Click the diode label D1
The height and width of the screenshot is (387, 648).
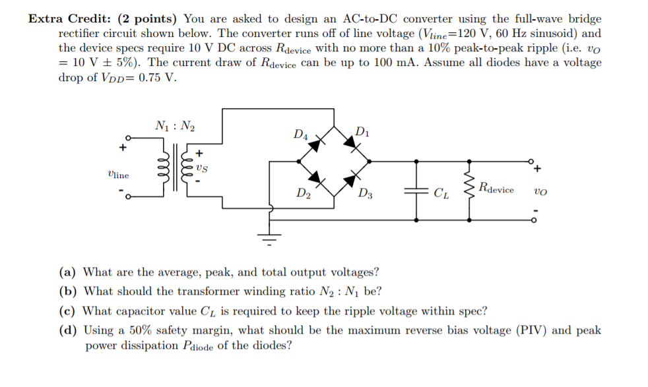tap(362, 131)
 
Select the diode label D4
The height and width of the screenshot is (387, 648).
tap(300, 135)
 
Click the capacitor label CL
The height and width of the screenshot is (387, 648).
tap(441, 193)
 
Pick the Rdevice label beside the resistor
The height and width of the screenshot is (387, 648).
tap(496, 189)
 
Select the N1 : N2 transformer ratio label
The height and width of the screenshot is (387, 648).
tap(175, 126)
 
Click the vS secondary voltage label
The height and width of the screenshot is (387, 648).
tap(202, 168)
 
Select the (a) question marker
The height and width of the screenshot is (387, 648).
tap(68, 272)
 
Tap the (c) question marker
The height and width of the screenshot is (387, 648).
tap(68, 311)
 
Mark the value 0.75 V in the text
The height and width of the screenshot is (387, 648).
tap(156, 78)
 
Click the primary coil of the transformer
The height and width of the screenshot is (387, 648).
tap(158, 175)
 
